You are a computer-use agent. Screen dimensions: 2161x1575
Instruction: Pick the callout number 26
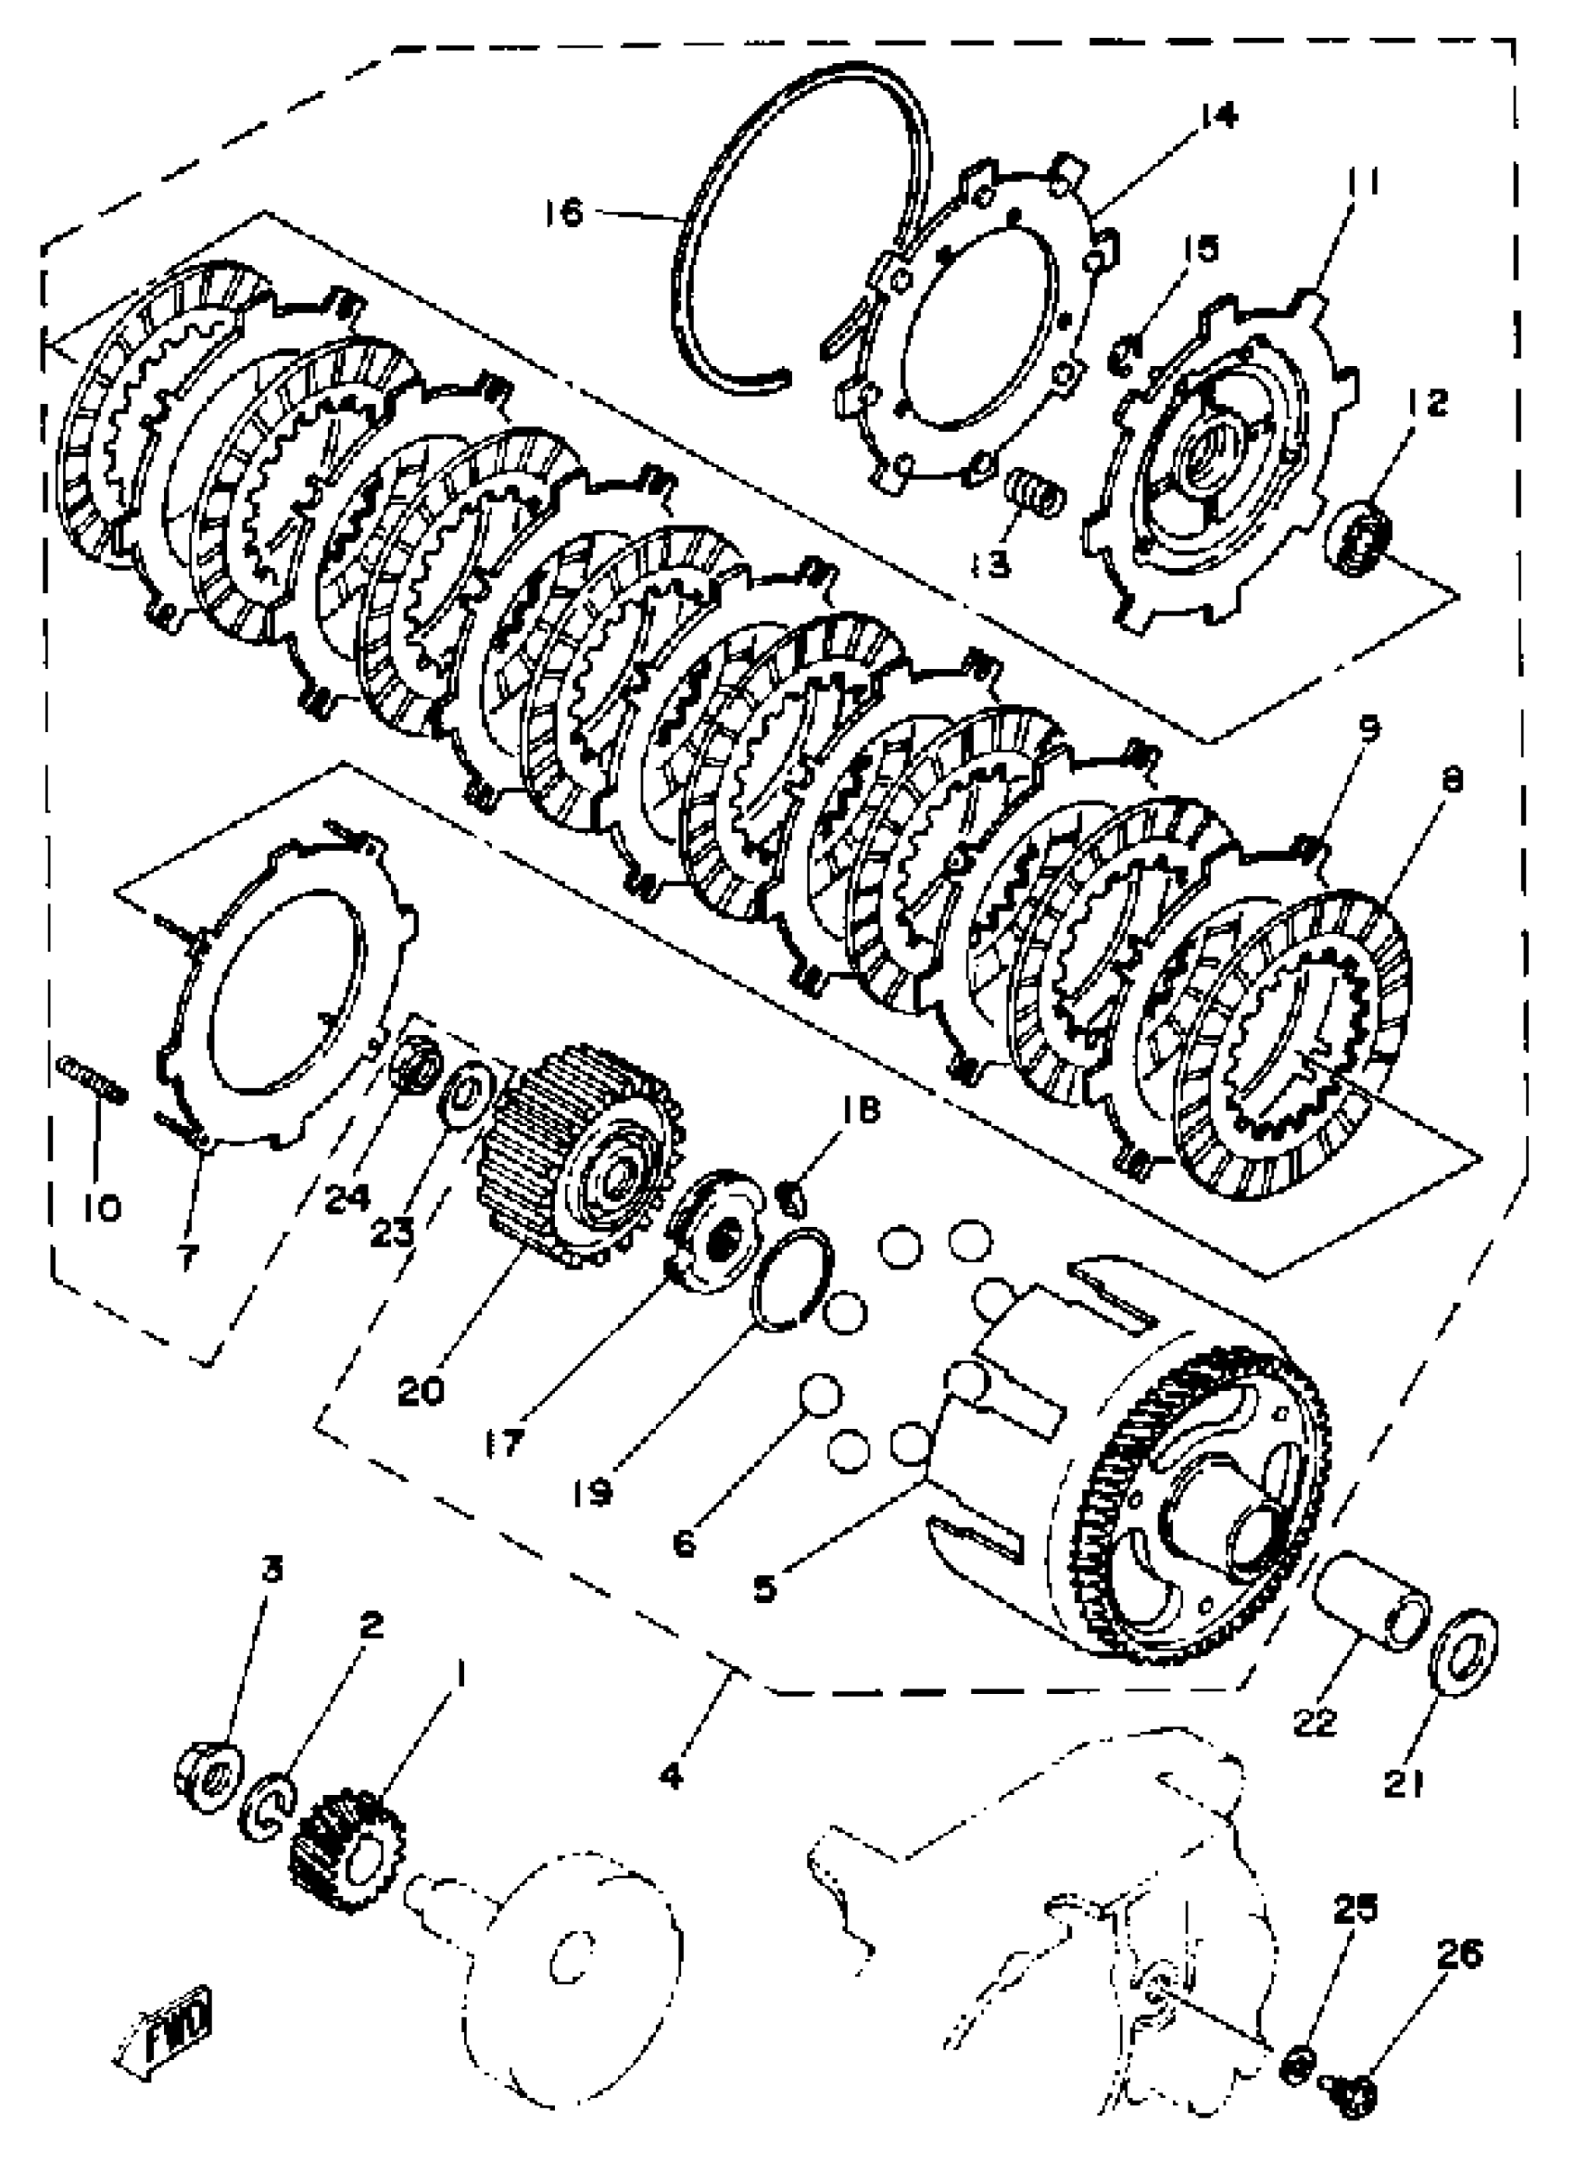point(1457,1954)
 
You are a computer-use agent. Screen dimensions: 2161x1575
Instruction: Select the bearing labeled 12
point(1361,543)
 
